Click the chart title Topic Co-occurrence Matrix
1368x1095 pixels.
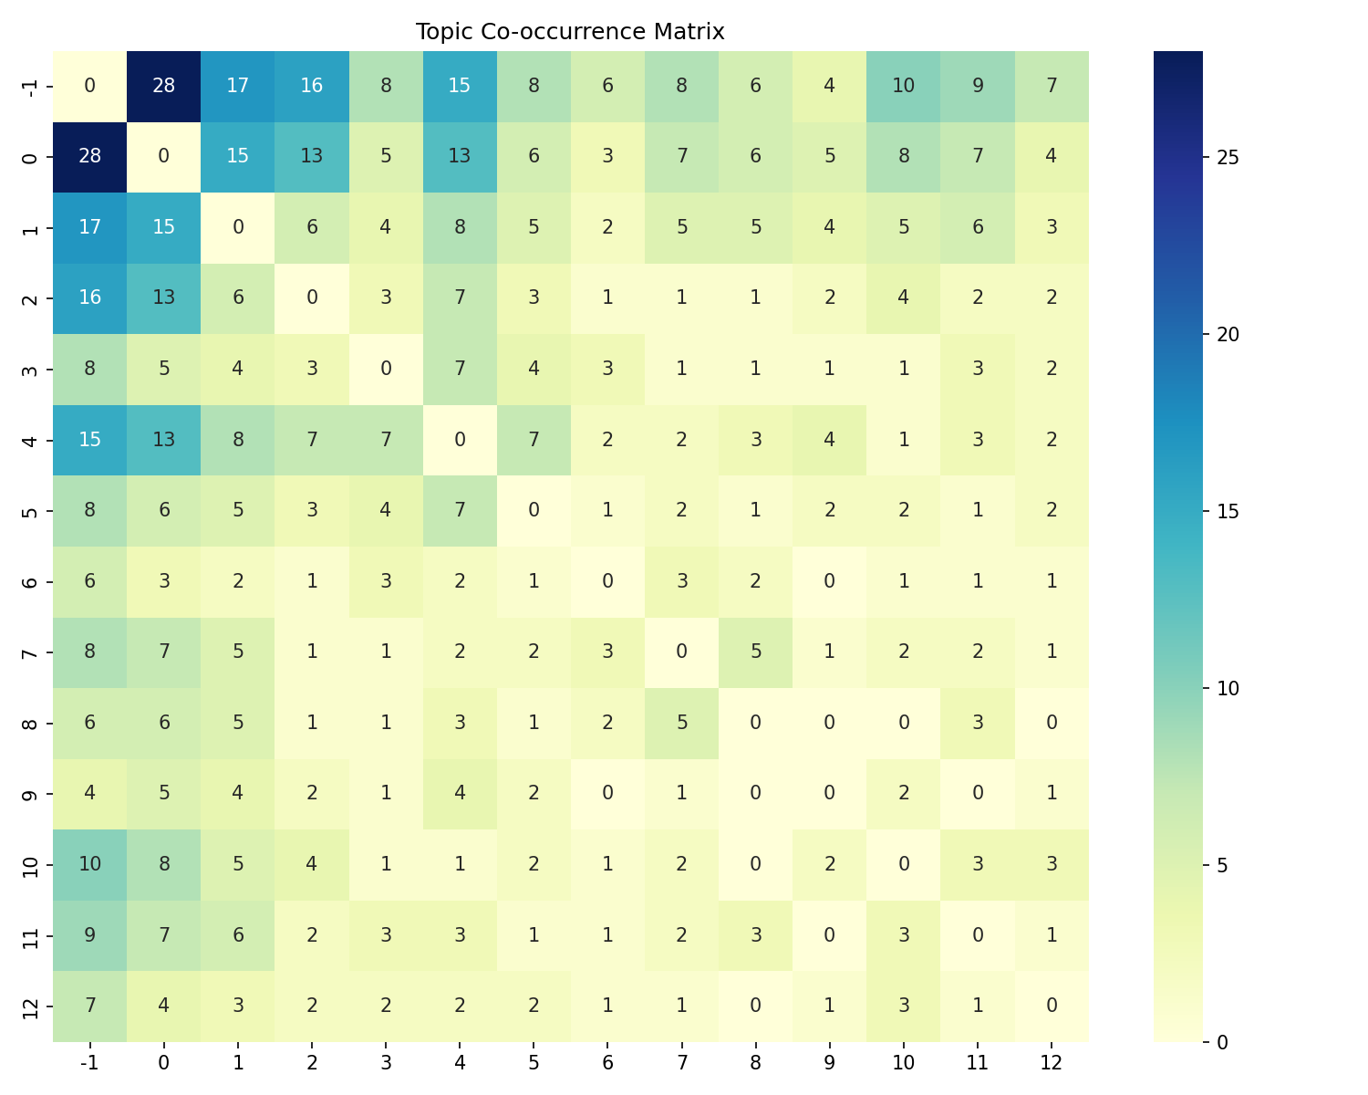570,32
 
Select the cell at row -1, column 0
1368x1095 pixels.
164,87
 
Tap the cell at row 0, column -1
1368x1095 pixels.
90,157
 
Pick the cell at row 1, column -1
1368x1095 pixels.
90,228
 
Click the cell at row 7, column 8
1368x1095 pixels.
755,652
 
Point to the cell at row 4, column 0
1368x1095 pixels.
164,440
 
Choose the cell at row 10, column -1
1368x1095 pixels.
90,864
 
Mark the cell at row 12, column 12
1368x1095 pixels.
1052,1006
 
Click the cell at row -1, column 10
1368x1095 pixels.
903,87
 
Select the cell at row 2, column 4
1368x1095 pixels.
460,298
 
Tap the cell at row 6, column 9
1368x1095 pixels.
829,581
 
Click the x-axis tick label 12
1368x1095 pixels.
1052,1063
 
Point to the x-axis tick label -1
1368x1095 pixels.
90,1063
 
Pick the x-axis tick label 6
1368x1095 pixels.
607,1063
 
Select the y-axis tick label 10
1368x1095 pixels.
30,864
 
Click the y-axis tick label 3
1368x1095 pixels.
30,370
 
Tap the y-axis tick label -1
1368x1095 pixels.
30,87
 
